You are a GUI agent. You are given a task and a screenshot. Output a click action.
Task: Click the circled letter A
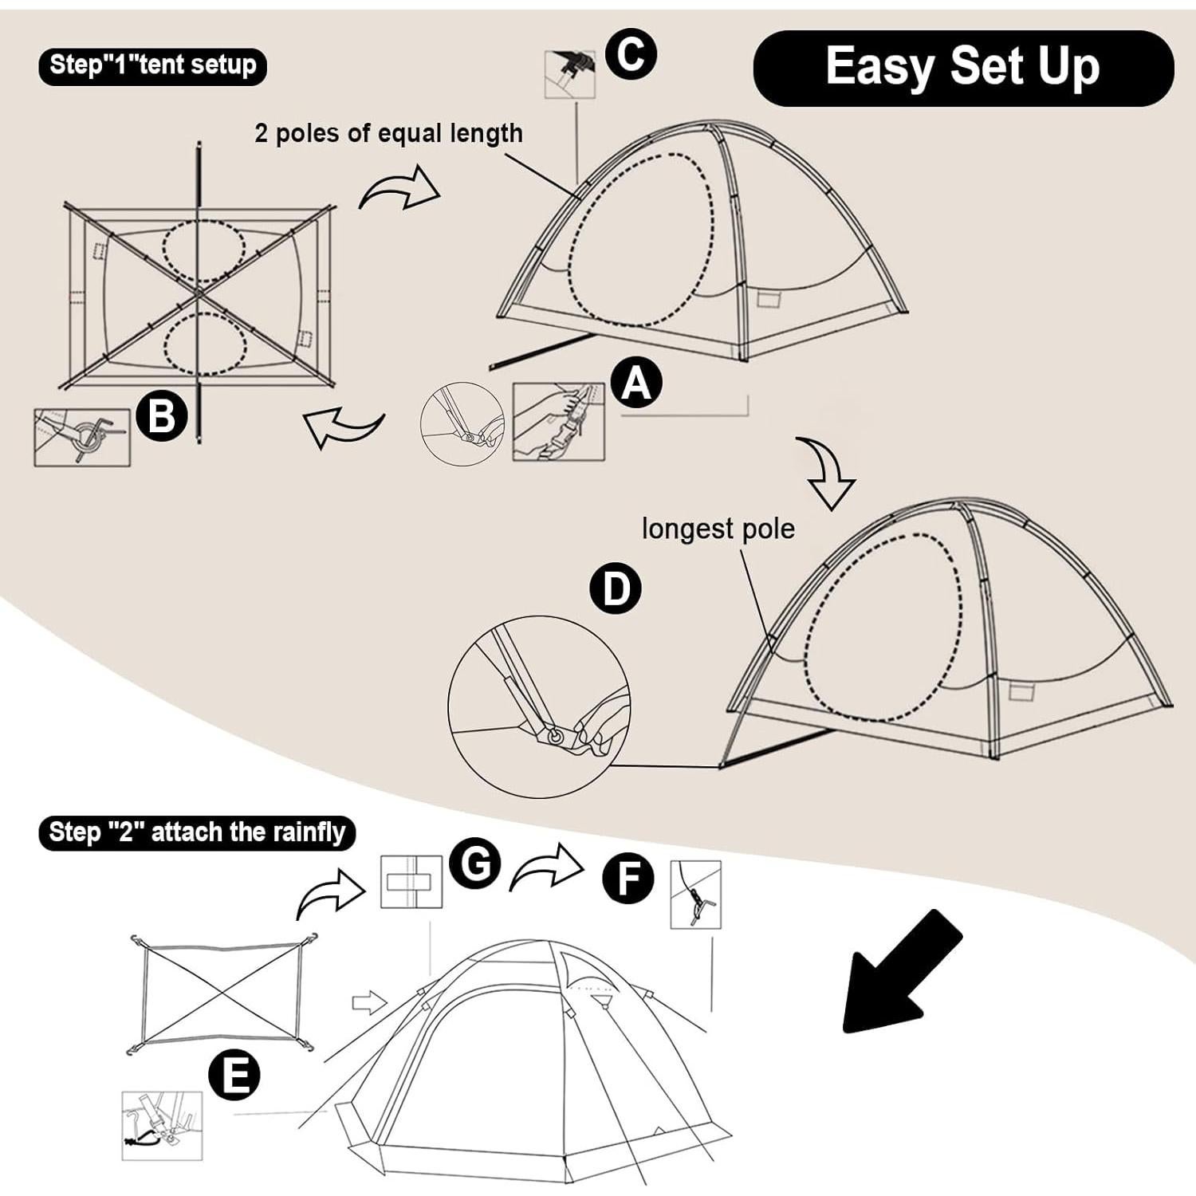[x=636, y=383]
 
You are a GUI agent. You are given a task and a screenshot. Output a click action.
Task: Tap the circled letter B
[x=162, y=415]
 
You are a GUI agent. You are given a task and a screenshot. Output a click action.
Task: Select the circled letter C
[x=631, y=54]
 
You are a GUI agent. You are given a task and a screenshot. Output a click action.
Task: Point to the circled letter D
[x=615, y=589]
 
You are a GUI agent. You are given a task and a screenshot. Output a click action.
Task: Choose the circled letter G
[x=475, y=864]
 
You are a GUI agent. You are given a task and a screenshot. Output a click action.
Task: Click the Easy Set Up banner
[x=962, y=68]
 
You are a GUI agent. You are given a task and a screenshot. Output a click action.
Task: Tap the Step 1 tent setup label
[x=152, y=65]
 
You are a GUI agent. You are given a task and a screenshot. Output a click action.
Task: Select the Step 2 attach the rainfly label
[x=196, y=833]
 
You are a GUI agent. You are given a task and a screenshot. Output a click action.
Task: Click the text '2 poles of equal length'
[x=388, y=133]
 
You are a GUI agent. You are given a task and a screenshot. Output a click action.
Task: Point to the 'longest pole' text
[x=718, y=529]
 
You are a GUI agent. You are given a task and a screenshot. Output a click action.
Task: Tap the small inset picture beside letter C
[x=569, y=74]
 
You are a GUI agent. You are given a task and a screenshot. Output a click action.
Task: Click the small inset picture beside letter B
[x=81, y=437]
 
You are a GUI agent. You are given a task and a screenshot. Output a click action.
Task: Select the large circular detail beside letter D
[x=538, y=706]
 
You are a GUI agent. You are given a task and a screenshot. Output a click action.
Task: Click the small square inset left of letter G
[x=411, y=882]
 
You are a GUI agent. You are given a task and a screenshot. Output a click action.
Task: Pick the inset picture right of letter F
[x=695, y=895]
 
